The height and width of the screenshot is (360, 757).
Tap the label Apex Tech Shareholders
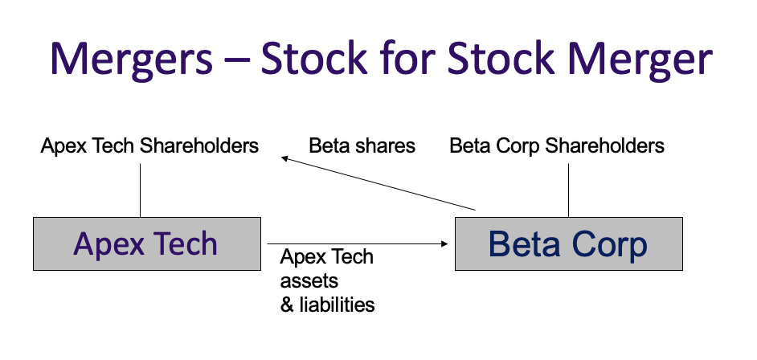[x=150, y=146]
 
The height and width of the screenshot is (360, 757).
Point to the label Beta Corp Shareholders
[x=557, y=146]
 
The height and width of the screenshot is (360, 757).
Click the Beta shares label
[x=362, y=146]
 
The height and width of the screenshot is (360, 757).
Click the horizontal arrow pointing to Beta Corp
[x=354, y=243]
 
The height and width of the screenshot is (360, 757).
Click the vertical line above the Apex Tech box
[x=141, y=190]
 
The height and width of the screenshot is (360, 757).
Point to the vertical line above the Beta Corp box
[x=568, y=190]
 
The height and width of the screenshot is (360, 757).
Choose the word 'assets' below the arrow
[x=309, y=281]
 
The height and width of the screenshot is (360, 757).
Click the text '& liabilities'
[x=327, y=305]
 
